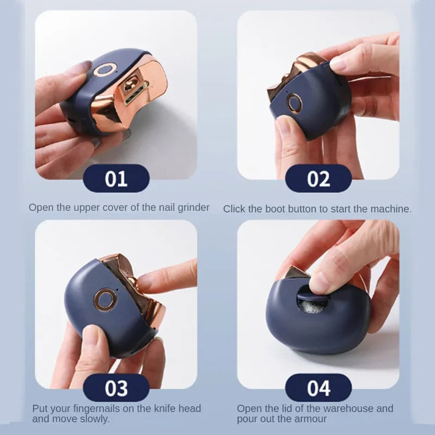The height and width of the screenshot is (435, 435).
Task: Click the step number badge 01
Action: pos(116,178)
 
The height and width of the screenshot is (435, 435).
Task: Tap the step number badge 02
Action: pos(318,178)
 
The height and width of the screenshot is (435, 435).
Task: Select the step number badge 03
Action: pos(116,388)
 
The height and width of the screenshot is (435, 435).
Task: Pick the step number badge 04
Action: pos(318,388)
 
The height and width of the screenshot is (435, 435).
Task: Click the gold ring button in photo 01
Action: pos(104,70)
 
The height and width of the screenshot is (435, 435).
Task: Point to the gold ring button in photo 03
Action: pos(104,299)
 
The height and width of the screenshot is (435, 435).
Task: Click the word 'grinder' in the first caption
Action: pos(192,208)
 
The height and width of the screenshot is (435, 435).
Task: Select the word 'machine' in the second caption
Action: pos(391,209)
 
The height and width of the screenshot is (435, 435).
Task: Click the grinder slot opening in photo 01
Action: pos(130,88)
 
